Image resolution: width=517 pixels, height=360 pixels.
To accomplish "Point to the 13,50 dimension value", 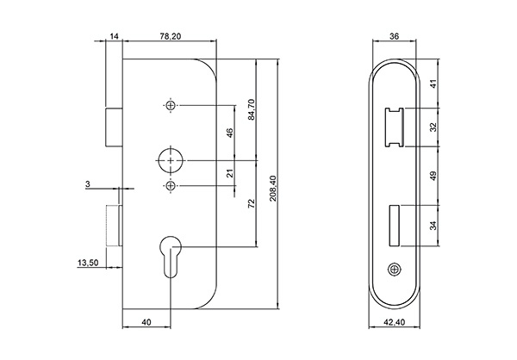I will pyautogui.click(x=88, y=264).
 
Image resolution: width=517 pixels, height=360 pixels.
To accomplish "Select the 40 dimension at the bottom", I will pyautogui.click(x=146, y=322).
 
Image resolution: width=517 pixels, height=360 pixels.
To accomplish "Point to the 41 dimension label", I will pyautogui.click(x=434, y=85).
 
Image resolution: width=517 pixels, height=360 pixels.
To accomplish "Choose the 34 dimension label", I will pyautogui.click(x=434, y=226).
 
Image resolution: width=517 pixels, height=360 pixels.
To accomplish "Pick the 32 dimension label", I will pyautogui.click(x=434, y=126).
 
